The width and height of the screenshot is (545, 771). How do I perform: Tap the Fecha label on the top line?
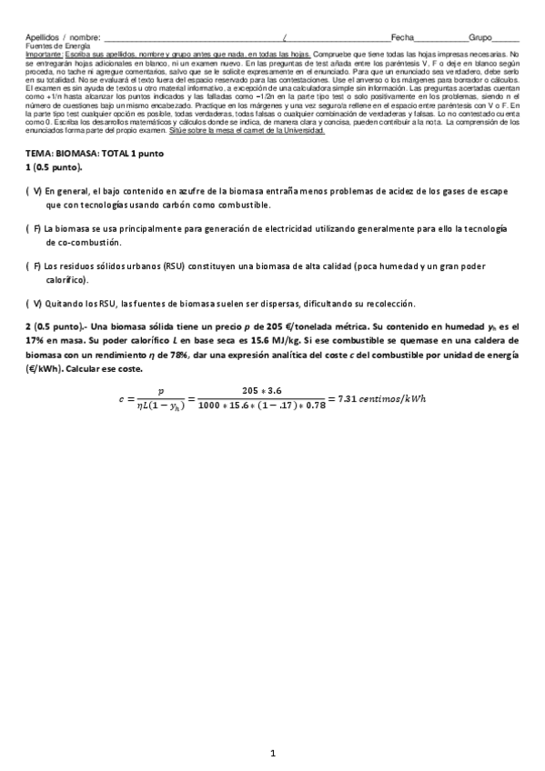coord(402,38)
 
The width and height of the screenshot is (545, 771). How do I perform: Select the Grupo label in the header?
coord(479,38)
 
